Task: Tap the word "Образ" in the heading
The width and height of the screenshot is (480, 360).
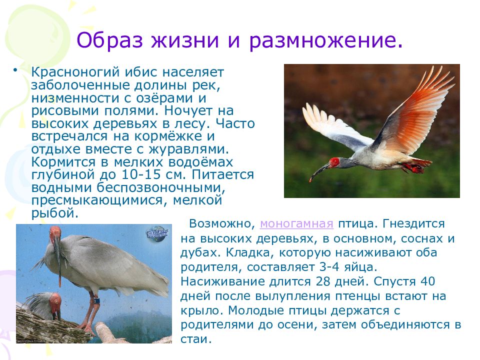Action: [x=109, y=40]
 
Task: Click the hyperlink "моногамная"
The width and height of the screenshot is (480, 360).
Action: [x=296, y=224]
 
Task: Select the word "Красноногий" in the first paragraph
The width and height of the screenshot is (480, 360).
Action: [x=75, y=72]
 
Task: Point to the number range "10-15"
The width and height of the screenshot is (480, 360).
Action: [x=141, y=174]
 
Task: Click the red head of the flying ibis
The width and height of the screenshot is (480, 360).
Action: [x=334, y=162]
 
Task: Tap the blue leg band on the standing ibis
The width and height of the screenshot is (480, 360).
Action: [x=96, y=300]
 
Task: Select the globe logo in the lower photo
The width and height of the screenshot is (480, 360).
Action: [x=156, y=233]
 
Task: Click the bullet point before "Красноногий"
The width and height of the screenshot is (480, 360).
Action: [x=14, y=70]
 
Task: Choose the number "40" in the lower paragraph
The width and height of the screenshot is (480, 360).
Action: [x=427, y=281]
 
